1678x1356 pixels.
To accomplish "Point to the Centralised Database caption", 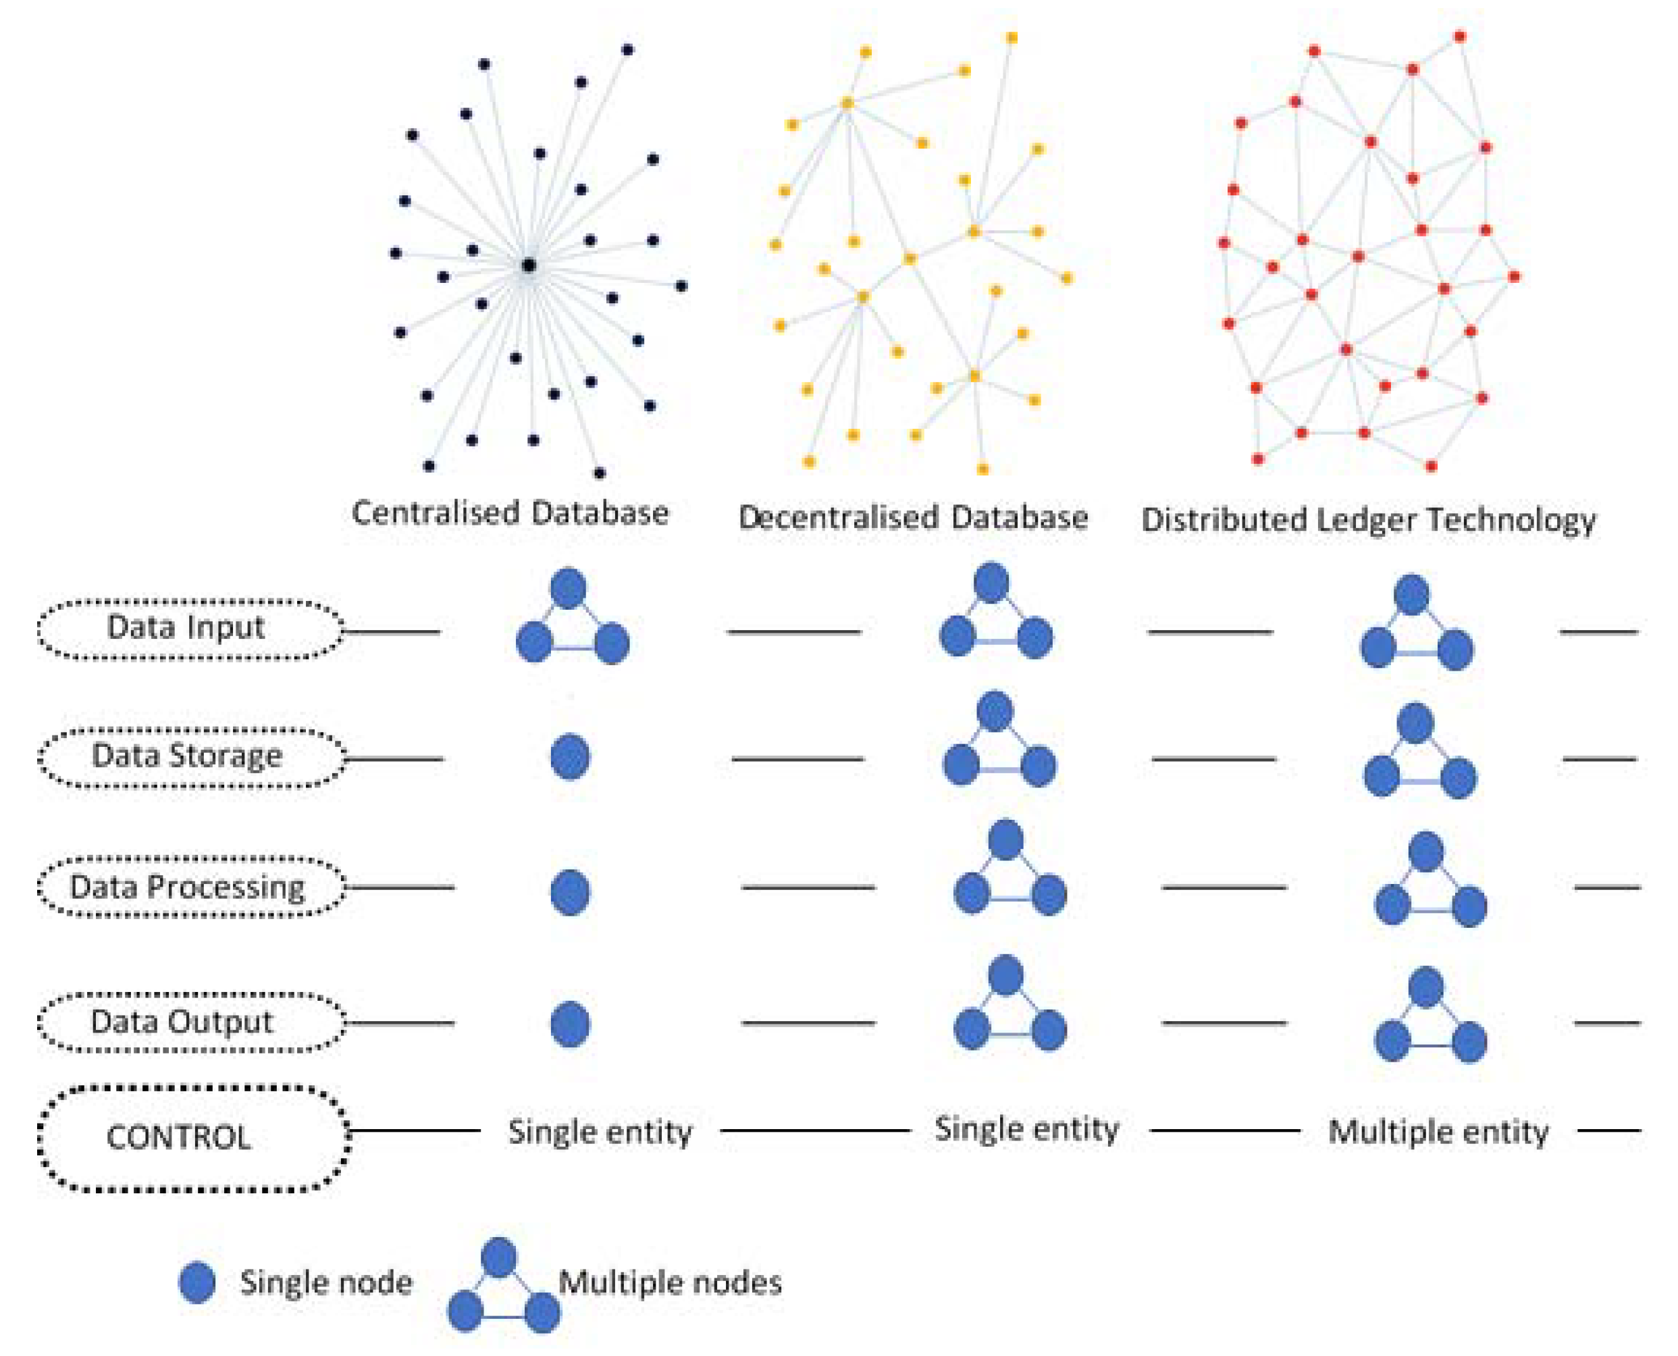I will click(510, 513).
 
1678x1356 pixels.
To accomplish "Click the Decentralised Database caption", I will click(913, 518).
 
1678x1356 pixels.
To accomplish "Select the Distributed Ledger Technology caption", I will click(1368, 520).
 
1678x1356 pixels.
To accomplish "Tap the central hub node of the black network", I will click(529, 265).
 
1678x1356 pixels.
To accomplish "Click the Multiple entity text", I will click(1438, 1132).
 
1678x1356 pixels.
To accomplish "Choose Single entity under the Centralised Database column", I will click(600, 1132).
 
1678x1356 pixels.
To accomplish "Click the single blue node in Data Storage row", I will click(570, 756).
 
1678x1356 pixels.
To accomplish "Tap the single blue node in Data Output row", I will click(570, 1024).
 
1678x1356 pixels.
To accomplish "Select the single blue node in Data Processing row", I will click(570, 892).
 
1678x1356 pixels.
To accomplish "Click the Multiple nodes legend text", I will click(670, 1282).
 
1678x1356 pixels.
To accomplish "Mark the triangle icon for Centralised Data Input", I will click(573, 621).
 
